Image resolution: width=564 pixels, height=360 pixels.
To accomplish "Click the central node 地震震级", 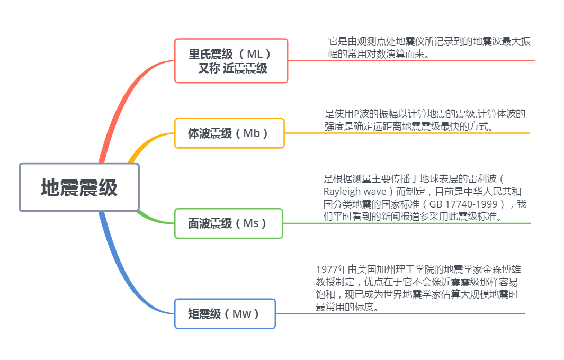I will click(79, 187).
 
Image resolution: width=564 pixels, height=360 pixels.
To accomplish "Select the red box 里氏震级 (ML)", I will click(231, 60).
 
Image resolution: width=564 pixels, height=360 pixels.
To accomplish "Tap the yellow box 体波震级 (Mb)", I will click(229, 133).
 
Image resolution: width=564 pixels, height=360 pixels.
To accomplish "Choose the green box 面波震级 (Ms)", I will click(228, 223).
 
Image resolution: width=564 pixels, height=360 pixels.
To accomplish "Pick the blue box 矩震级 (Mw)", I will click(225, 314).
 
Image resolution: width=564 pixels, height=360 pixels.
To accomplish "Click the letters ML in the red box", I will click(255, 53).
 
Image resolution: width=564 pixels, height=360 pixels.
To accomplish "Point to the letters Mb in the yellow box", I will click(252, 133).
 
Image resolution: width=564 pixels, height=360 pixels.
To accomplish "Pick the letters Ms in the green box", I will click(250, 223).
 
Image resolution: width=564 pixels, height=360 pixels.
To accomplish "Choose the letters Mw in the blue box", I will click(242, 314).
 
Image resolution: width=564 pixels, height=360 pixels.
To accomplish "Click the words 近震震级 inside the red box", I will click(245, 68).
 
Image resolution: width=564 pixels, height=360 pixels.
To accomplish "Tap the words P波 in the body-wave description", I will click(361, 114).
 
